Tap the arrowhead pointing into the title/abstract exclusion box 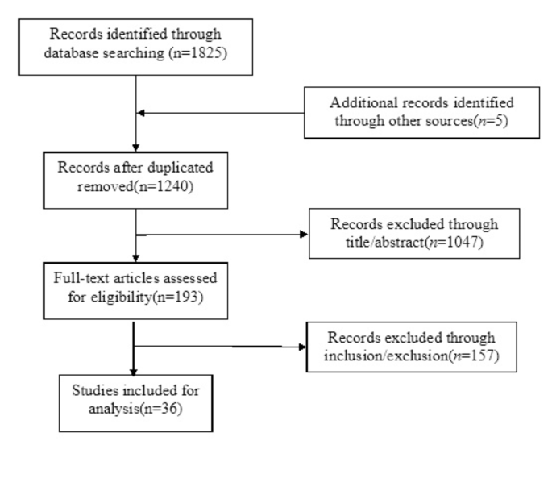pos(305,235)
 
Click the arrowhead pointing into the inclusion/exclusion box pos(301,347)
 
